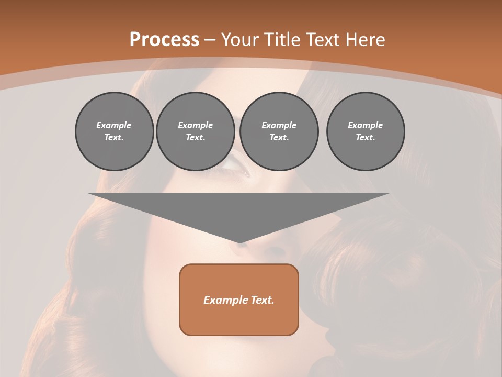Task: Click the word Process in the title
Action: (x=164, y=40)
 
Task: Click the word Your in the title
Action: (x=238, y=40)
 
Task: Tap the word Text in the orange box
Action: (x=262, y=300)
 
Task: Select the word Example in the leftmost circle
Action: (x=114, y=125)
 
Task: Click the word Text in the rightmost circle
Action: (x=366, y=138)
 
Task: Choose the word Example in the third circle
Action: (x=279, y=125)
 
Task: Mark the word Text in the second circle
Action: (x=196, y=138)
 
